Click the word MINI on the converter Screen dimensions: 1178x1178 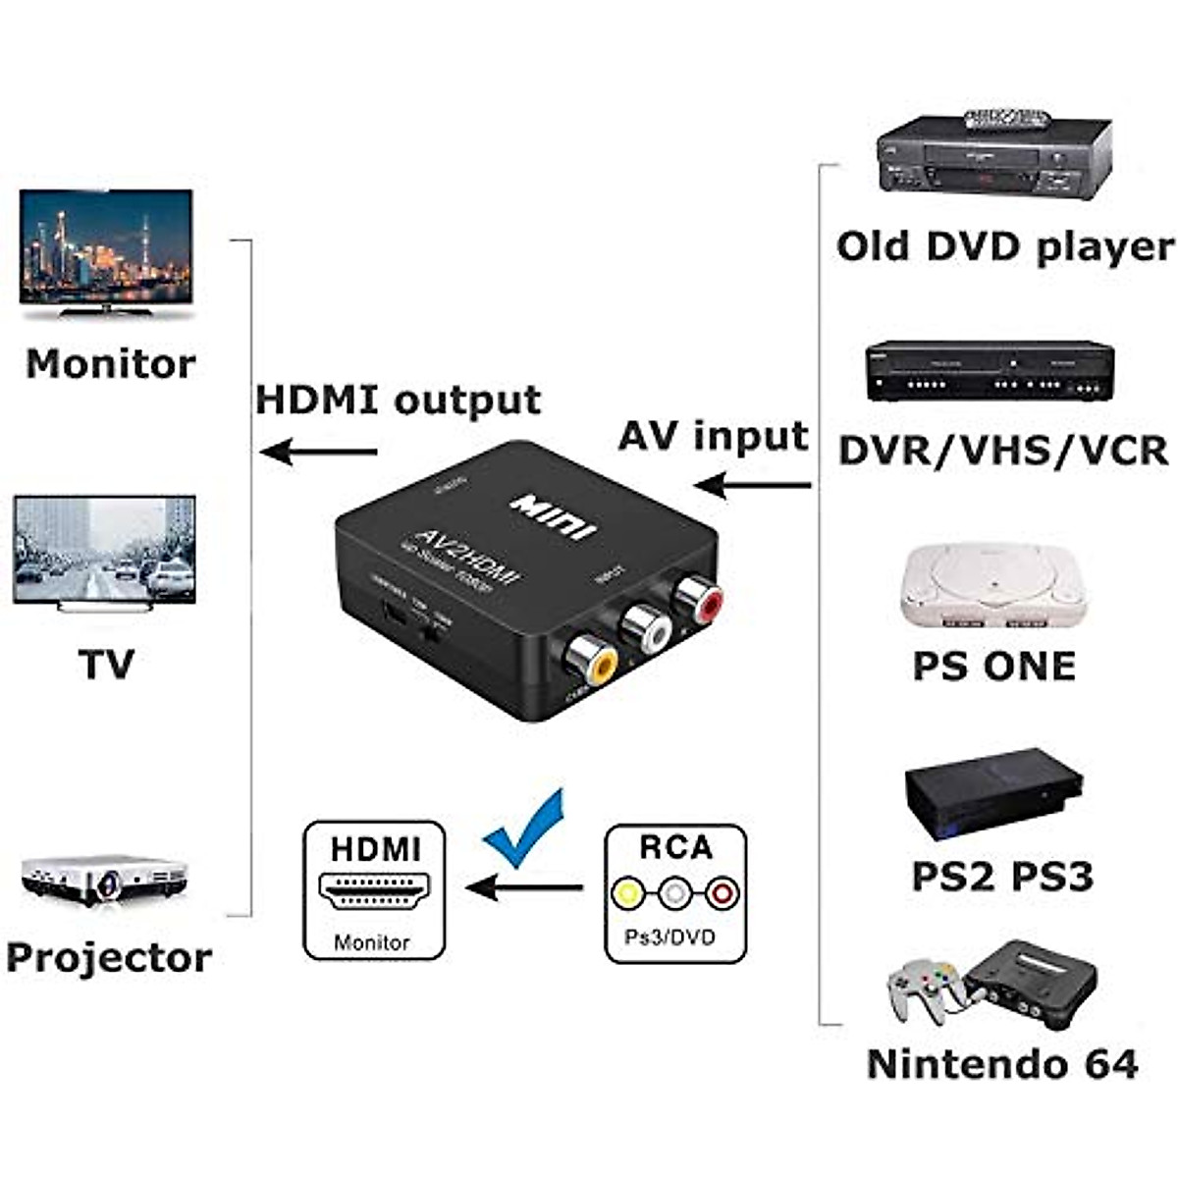coord(553,515)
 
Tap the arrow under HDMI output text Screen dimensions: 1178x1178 coord(319,453)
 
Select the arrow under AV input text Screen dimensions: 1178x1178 coord(752,484)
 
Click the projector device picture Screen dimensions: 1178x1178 coord(103,878)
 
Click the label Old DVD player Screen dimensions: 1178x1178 coord(1004,246)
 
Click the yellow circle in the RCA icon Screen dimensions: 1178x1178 coord(626,893)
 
